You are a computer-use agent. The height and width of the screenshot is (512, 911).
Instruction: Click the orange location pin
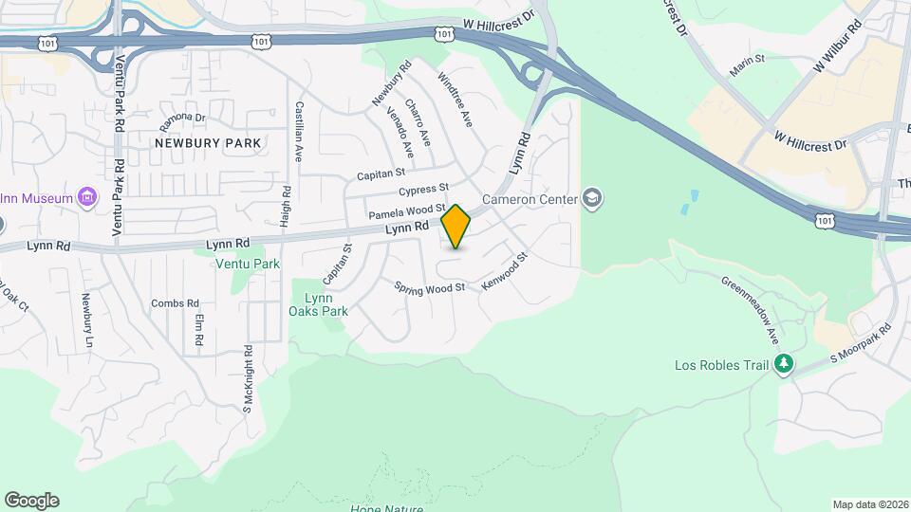455,227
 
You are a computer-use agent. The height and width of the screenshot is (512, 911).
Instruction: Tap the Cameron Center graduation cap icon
594,198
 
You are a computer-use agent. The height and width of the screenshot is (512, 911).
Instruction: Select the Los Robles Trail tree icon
784,364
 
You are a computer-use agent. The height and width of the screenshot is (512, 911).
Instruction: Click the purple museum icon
88,198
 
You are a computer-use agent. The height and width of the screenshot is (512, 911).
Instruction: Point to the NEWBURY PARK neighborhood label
208,143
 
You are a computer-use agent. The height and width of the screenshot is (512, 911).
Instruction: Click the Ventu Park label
248,264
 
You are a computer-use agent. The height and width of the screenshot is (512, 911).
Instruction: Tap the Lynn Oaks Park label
319,304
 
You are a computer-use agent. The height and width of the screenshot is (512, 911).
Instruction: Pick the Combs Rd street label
172,303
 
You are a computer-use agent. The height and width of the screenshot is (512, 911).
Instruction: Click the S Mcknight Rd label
247,377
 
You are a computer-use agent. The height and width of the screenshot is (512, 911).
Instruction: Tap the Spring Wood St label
429,286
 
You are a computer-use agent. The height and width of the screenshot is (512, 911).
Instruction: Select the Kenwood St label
504,271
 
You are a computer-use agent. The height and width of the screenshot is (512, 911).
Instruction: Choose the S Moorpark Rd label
862,343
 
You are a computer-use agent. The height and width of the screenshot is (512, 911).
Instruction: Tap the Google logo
31,501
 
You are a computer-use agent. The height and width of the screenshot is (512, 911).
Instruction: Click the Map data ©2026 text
869,504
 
